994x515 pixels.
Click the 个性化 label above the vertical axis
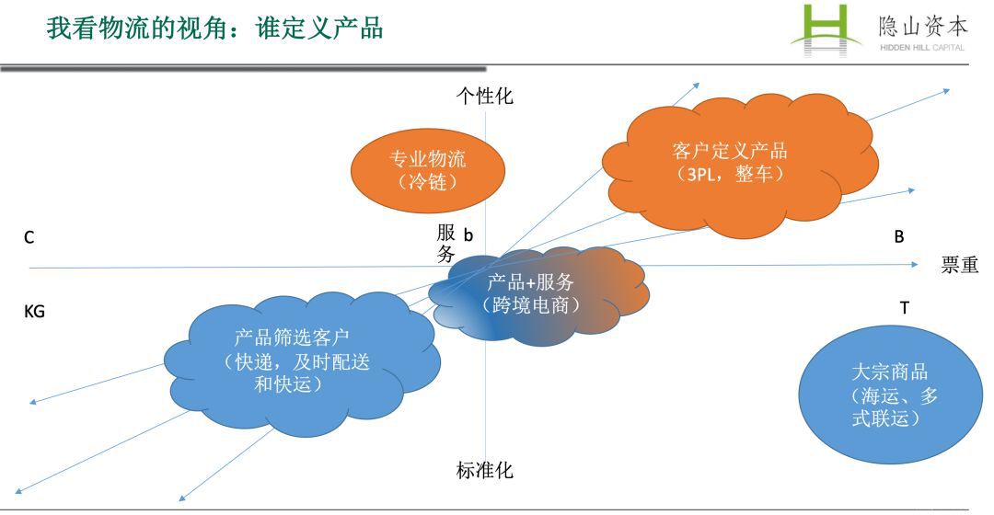tap(485, 96)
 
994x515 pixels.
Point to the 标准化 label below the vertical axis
tap(485, 472)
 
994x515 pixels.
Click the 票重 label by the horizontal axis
tap(959, 266)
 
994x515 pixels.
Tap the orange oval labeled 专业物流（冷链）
tap(428, 169)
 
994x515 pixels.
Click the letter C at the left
tap(29, 238)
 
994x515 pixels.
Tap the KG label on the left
tap(34, 312)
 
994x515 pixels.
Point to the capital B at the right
tap(899, 236)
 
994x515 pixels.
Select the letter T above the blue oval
tap(904, 308)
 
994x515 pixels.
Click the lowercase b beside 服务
tap(468, 235)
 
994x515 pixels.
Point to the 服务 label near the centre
tap(446, 245)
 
